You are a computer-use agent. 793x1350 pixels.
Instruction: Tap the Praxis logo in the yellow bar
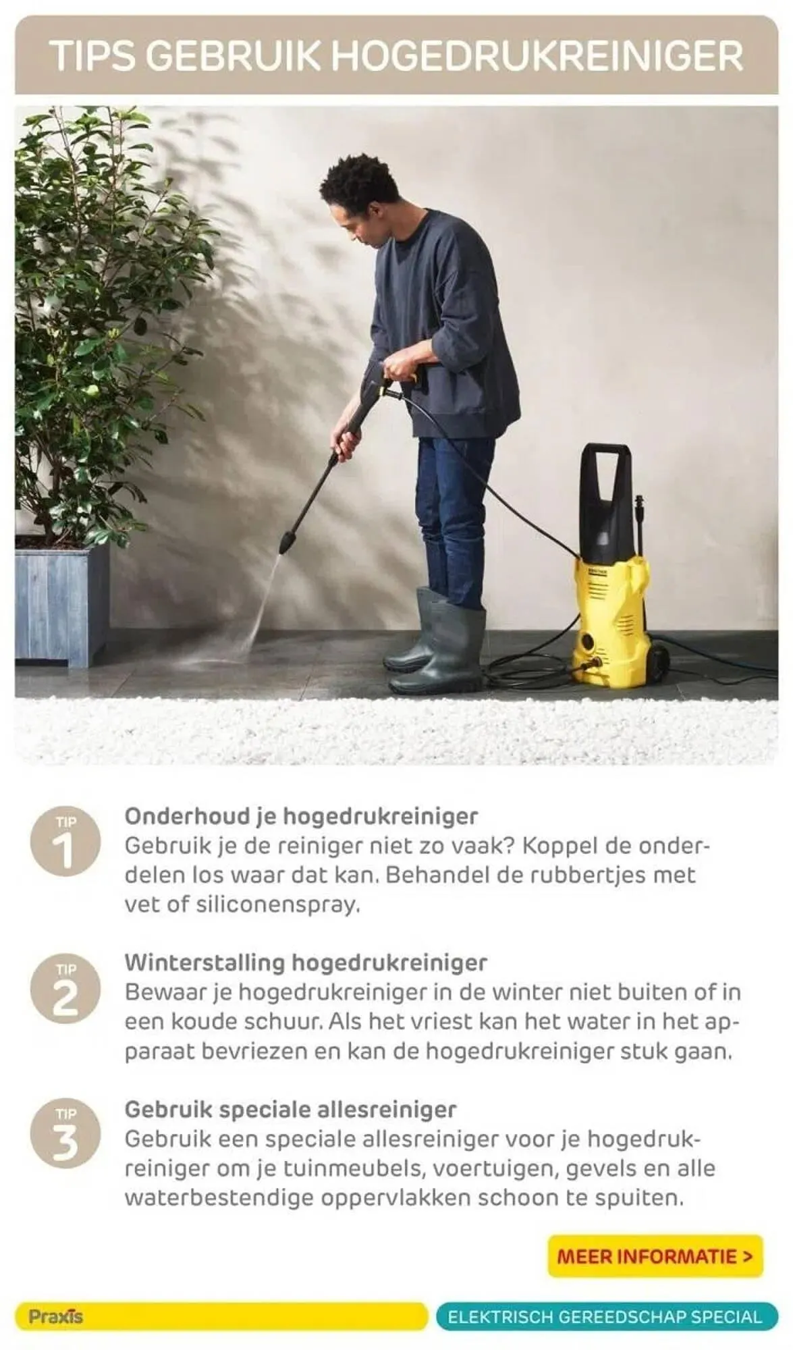point(56,1316)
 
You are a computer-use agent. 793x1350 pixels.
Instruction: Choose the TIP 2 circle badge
point(65,989)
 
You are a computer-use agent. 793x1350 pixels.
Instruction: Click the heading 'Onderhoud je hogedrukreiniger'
point(301,815)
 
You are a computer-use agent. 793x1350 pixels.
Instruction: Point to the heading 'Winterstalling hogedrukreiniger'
point(305,962)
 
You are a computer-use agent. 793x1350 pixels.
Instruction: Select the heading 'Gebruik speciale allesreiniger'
point(290,1109)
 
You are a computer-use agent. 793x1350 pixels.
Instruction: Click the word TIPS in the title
point(93,56)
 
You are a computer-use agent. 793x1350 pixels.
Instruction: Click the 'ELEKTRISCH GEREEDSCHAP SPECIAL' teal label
point(605,1316)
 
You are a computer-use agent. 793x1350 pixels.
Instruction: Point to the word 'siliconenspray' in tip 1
point(275,904)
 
